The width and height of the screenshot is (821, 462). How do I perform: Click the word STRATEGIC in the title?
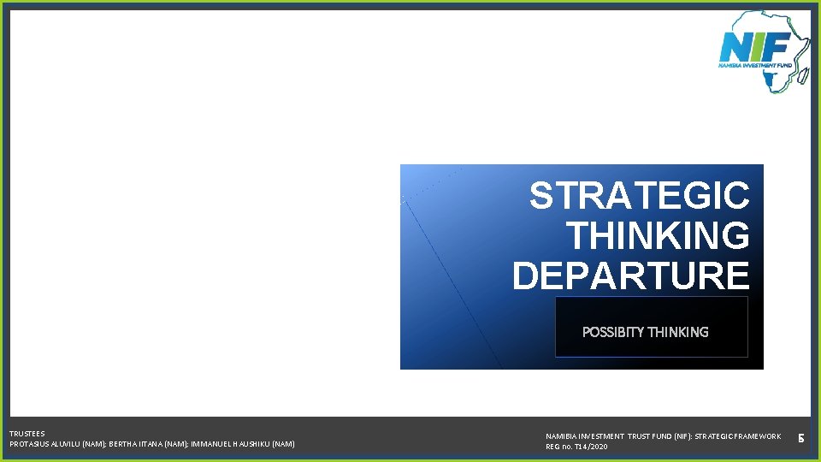[639, 196]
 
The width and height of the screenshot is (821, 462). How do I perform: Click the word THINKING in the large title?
[658, 236]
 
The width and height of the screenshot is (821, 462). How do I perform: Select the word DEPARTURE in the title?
[631, 275]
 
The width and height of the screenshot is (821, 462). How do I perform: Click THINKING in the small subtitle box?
[678, 332]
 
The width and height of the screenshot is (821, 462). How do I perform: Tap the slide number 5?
[801, 439]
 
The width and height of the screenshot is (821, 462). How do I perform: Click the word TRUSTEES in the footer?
[27, 434]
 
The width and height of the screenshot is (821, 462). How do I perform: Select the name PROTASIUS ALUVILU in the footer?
[44, 444]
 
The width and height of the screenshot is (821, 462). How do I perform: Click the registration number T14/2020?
[589, 447]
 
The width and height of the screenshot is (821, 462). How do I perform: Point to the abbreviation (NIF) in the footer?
[670, 436]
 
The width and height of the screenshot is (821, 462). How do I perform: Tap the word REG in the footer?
[553, 447]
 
